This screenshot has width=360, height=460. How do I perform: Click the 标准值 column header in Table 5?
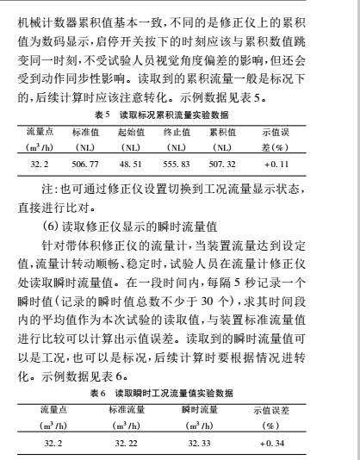click(86, 130)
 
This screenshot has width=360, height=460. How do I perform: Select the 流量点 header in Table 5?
click(41, 130)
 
